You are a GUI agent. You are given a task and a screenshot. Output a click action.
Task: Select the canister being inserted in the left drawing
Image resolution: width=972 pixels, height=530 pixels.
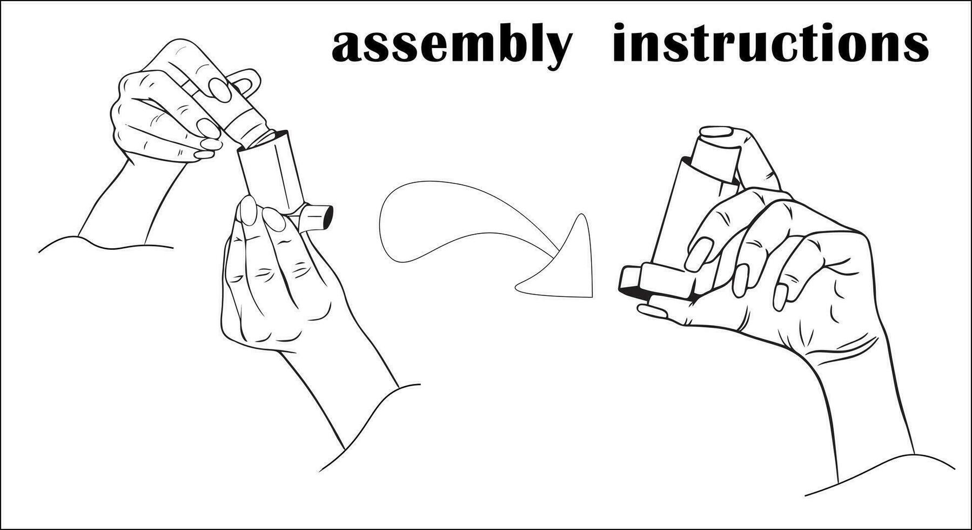click(x=227, y=103)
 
